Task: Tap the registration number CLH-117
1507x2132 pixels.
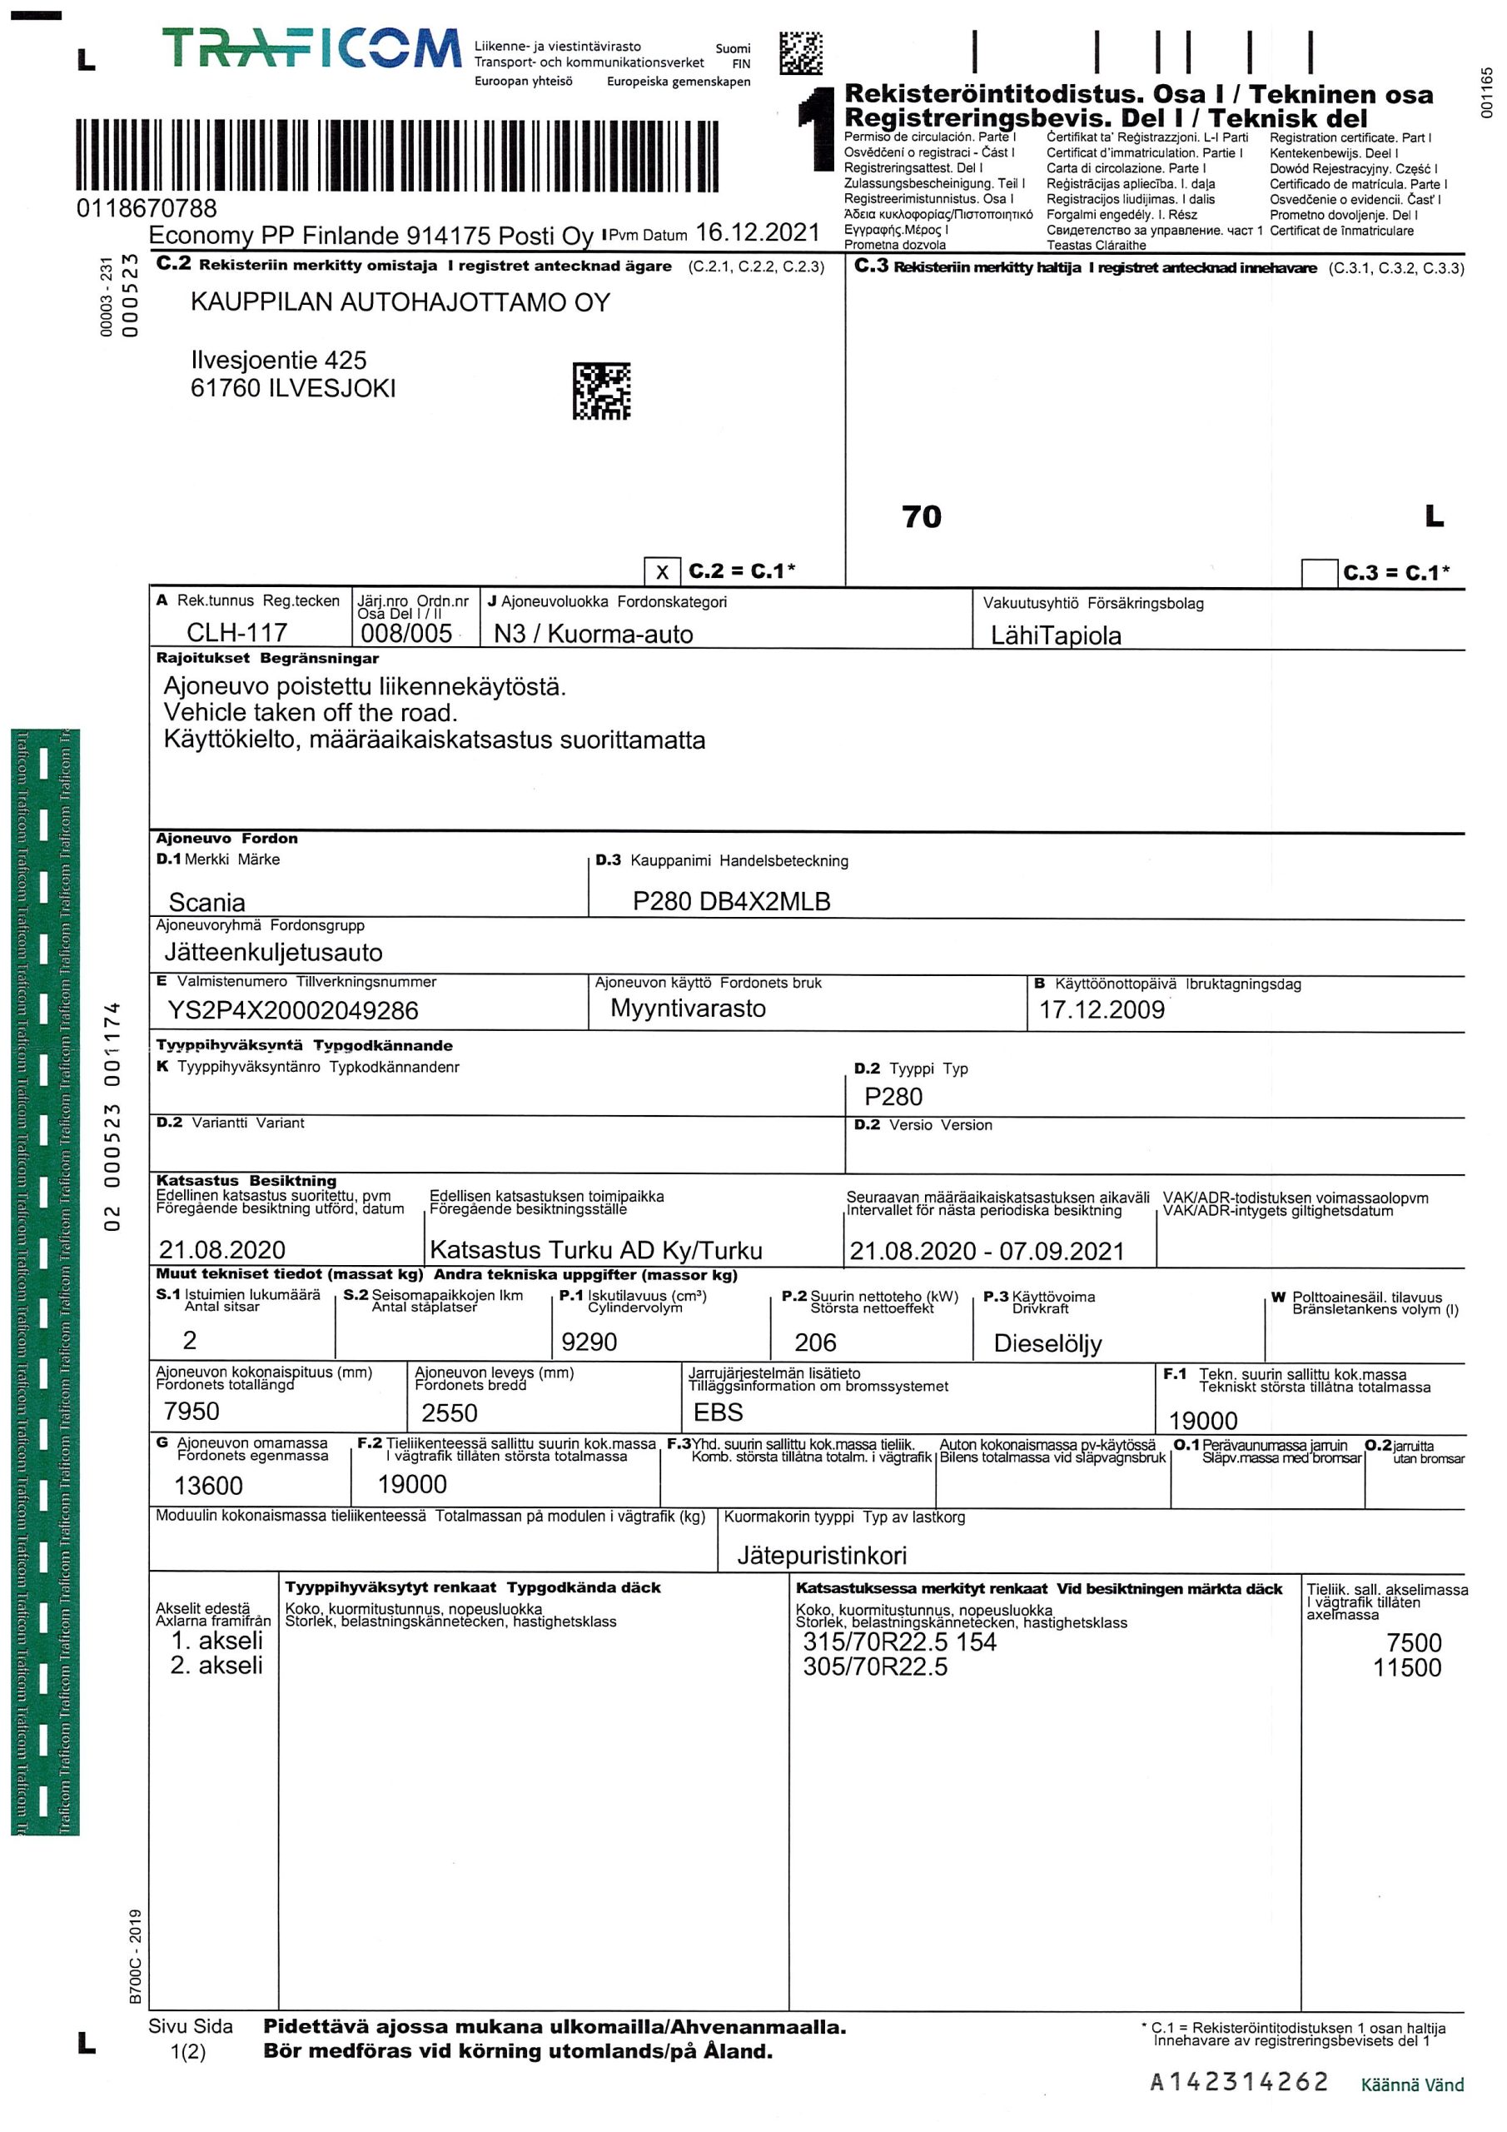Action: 236,632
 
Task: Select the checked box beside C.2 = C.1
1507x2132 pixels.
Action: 661,572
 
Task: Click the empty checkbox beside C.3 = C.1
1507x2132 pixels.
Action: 1319,573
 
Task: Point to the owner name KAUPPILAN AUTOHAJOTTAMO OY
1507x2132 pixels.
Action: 400,302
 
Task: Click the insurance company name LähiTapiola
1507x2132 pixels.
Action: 1056,635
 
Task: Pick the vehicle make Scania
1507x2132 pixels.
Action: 207,902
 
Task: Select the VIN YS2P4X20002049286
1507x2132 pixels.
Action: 292,1010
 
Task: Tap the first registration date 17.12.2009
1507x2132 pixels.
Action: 1102,1009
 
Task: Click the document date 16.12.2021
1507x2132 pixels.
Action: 758,232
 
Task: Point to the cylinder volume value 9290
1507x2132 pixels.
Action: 589,1342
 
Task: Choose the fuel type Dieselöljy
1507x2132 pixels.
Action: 1047,1343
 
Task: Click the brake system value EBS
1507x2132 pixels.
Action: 718,1412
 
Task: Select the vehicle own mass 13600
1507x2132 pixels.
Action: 208,1486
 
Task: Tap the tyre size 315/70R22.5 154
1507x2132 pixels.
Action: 899,1641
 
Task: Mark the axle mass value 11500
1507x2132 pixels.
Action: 1407,1668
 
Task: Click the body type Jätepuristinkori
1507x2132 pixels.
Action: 822,1556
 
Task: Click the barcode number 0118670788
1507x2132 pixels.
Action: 147,208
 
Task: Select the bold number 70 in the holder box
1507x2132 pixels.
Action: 921,517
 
